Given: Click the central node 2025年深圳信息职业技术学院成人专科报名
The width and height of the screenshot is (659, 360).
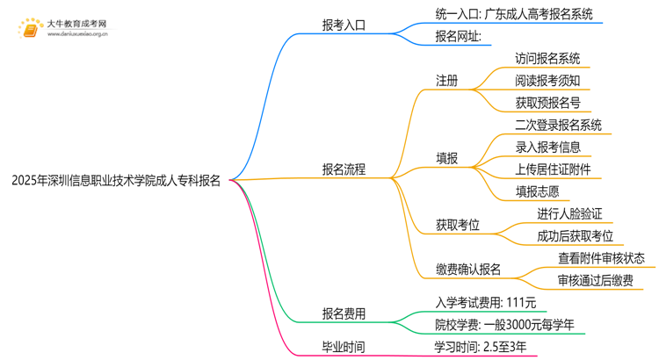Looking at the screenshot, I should click(x=116, y=181).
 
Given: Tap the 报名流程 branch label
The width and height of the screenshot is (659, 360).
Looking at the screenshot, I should click(x=344, y=169).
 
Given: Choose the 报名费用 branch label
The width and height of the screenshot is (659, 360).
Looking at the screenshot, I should click(x=344, y=313).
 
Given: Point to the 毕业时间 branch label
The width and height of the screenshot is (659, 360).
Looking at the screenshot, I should click(x=344, y=347).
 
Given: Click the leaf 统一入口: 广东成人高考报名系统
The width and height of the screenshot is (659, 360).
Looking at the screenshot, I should click(x=513, y=14).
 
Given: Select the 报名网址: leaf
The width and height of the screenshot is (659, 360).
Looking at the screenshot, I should click(x=458, y=37).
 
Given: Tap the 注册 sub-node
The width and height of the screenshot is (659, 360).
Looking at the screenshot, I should click(x=447, y=81).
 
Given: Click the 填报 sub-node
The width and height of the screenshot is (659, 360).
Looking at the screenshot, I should click(x=447, y=158).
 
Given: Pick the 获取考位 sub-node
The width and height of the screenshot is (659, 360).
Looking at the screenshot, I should click(x=458, y=225).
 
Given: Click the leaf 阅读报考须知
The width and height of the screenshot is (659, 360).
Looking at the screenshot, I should click(x=547, y=81).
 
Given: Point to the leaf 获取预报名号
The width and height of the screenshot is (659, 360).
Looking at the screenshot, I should click(x=547, y=103).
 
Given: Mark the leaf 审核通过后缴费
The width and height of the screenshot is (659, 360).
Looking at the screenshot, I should click(x=594, y=280).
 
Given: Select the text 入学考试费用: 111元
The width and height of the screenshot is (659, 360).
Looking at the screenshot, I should click(x=486, y=303).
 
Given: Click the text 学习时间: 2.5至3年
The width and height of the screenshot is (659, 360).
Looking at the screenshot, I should click(x=481, y=347).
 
